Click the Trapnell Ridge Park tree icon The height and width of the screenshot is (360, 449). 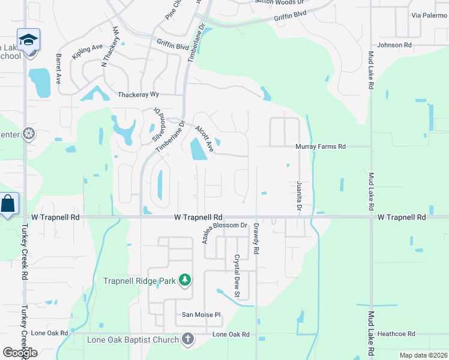(185, 280)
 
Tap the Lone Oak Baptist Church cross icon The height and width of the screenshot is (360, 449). (187, 340)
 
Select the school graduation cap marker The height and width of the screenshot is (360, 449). (28, 41)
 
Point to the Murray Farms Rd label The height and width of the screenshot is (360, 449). (321, 146)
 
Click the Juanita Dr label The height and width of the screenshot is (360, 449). (299, 196)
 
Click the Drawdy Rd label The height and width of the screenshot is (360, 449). (256, 239)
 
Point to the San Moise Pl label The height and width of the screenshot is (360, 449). (202, 314)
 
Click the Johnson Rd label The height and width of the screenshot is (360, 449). (394, 45)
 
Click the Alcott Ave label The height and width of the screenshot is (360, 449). (204, 138)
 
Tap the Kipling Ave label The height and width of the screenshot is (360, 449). (88, 50)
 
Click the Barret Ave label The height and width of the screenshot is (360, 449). (59, 67)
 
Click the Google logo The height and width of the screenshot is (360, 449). (20, 353)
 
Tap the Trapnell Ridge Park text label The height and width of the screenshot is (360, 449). (141, 281)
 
